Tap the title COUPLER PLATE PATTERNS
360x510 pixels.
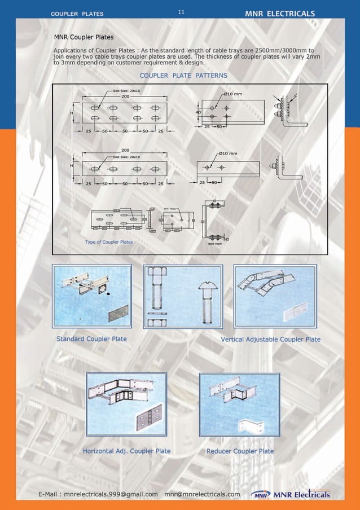point(183,75)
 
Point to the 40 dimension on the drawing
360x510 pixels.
point(198,112)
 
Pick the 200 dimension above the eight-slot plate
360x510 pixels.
point(125,96)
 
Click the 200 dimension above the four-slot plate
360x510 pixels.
point(125,150)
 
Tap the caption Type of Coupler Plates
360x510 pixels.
point(109,241)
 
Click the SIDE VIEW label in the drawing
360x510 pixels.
point(214,244)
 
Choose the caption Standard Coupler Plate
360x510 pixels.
point(91,339)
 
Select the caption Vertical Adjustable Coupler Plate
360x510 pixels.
point(270,339)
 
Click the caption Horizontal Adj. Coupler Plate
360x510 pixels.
point(126,451)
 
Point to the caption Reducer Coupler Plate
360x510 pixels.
point(240,451)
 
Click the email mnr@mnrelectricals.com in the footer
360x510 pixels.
point(202,495)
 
